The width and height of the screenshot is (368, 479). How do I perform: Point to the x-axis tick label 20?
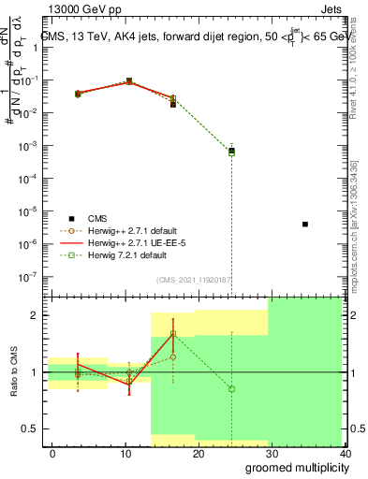[198, 453]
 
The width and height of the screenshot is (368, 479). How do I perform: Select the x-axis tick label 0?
[52, 453]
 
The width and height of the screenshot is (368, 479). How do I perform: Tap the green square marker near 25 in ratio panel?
[231, 388]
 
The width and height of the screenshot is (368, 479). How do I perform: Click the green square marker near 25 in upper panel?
[231, 152]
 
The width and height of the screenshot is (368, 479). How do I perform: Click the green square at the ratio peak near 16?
[173, 333]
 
